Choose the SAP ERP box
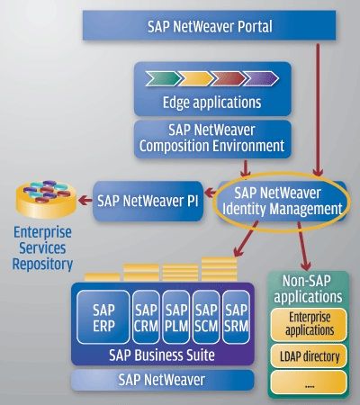click(x=103, y=316)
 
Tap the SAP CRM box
click(x=147, y=316)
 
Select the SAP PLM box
click(x=176, y=316)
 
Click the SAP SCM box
click(x=206, y=316)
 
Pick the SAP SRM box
click(x=236, y=316)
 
